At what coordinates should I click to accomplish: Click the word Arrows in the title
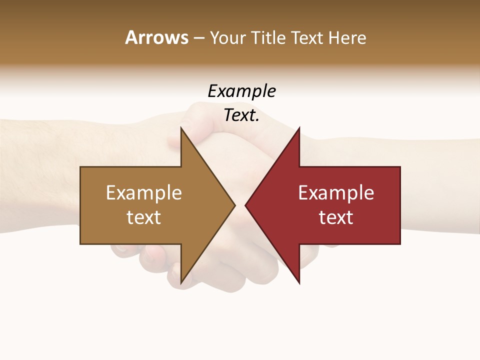click(x=156, y=37)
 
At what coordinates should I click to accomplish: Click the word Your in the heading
click(x=228, y=37)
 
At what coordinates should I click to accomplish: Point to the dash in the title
click(x=198, y=38)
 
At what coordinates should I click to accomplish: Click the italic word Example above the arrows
click(x=241, y=91)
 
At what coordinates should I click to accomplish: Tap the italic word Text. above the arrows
click(x=241, y=115)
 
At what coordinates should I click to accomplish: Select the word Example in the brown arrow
click(x=144, y=193)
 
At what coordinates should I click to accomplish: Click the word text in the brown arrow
click(x=144, y=217)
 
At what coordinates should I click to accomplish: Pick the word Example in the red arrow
click(x=336, y=193)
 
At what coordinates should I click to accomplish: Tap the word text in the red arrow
click(x=336, y=217)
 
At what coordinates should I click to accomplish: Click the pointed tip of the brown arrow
click(x=235, y=205)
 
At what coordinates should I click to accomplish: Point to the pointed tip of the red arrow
click(x=245, y=205)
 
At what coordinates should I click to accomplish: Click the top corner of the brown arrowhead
click(x=181, y=128)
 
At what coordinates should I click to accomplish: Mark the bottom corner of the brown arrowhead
click(x=181, y=283)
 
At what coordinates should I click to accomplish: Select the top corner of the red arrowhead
click(x=299, y=128)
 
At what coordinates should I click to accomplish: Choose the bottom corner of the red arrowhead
click(x=299, y=283)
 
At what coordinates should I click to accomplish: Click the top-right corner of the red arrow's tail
click(x=400, y=167)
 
